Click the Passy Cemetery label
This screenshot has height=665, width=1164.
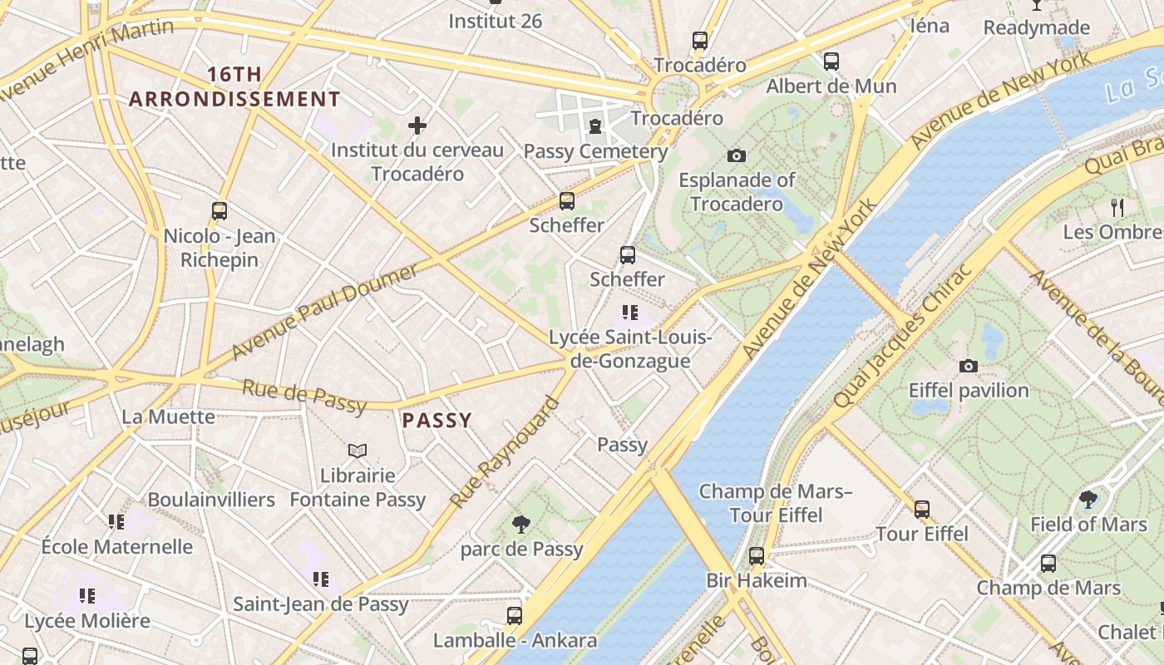click(595, 151)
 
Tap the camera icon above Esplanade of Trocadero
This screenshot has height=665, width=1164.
click(736, 155)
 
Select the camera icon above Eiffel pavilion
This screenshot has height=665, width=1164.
click(968, 366)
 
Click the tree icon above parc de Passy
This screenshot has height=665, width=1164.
click(521, 524)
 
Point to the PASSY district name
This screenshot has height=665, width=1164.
click(437, 421)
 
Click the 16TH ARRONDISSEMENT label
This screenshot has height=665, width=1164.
click(234, 86)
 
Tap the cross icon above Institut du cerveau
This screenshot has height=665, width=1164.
click(417, 126)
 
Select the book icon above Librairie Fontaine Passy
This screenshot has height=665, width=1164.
click(358, 451)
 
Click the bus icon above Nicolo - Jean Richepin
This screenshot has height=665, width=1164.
click(219, 211)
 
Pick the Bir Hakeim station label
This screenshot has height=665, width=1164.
click(757, 580)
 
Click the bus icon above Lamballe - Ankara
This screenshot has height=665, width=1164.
click(515, 616)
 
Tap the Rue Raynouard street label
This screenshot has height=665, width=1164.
click(505, 453)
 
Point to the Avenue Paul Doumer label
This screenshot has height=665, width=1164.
click(324, 312)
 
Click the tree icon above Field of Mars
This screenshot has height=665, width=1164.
click(1088, 500)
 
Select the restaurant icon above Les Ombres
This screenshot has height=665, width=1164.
click(1117, 207)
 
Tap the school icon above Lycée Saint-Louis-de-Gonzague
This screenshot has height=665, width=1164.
click(630, 313)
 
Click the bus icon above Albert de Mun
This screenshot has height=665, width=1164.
click(831, 61)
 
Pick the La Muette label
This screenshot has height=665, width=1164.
click(168, 416)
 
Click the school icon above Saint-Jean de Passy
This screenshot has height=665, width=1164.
click(320, 579)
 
